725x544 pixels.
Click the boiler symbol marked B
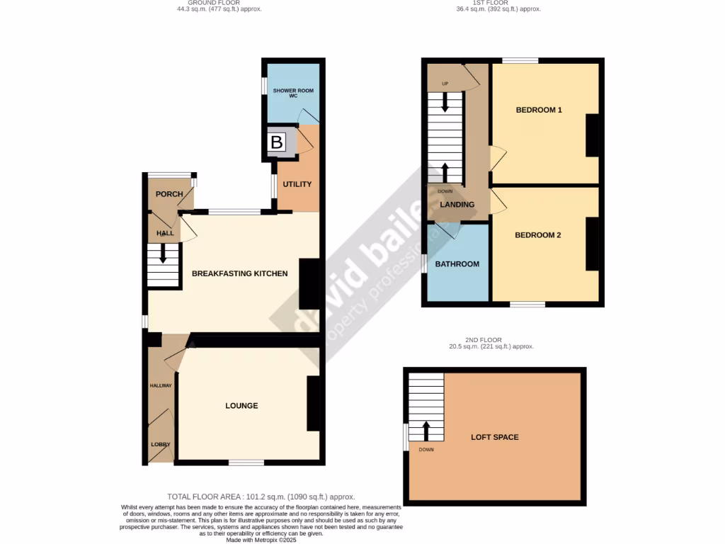(277, 142)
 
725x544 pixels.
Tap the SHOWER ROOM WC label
(293, 93)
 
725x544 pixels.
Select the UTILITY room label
(297, 184)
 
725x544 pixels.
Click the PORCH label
(169, 194)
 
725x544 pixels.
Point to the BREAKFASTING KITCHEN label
(240, 273)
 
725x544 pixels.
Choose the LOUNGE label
(241, 406)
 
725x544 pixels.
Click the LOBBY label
(160, 444)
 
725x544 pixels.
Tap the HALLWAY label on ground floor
(160, 385)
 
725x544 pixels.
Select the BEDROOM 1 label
(539, 110)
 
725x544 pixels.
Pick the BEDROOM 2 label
(538, 235)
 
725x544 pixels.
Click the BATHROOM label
(457, 264)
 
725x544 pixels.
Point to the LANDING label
(457, 205)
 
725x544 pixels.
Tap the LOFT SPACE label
(495, 437)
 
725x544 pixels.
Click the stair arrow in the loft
(426, 430)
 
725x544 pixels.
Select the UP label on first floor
(445, 84)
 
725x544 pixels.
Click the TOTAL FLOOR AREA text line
(261, 497)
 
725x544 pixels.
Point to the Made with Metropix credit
(261, 540)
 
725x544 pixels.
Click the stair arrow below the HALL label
(164, 254)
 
